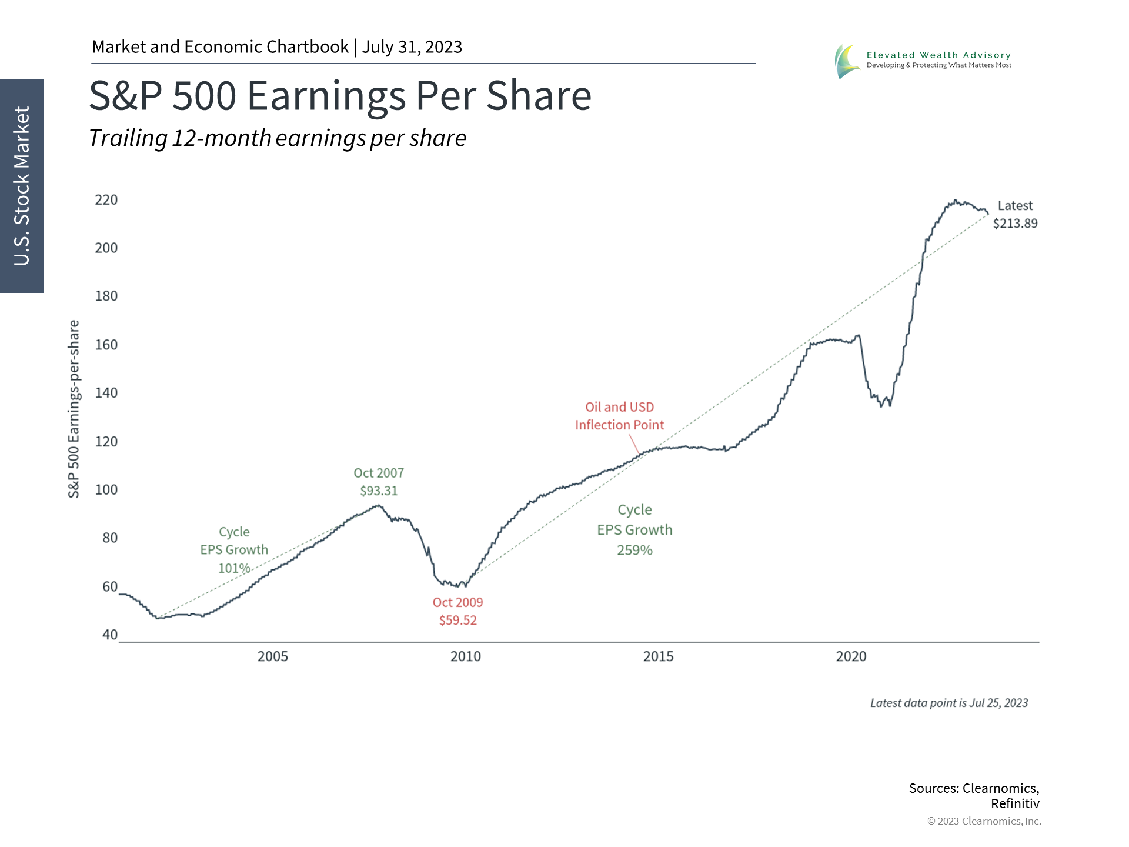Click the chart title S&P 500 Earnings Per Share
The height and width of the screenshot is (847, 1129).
click(x=340, y=96)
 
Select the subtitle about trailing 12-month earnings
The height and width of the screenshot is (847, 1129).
click(x=277, y=138)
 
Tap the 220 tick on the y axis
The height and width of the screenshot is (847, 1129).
click(x=106, y=200)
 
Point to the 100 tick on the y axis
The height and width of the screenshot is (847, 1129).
click(x=106, y=490)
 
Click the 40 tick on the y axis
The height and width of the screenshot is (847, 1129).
click(x=110, y=635)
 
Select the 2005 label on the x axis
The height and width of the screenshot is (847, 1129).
click(x=273, y=656)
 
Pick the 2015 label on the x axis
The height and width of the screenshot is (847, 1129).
click(x=658, y=656)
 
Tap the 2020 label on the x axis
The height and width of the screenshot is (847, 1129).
click(x=851, y=656)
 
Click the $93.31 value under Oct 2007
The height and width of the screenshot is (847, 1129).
click(x=379, y=491)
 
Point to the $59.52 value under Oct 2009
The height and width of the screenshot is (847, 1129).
click(x=457, y=620)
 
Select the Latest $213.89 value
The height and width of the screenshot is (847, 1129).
click(x=1015, y=224)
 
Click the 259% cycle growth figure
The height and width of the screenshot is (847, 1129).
click(x=634, y=550)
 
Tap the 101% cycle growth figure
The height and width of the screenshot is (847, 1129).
click(x=234, y=568)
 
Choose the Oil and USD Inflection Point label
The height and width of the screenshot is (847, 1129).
click(x=619, y=416)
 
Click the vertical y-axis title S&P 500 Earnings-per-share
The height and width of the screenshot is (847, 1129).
click(x=74, y=409)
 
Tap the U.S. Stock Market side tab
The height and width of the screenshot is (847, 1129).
click(x=22, y=186)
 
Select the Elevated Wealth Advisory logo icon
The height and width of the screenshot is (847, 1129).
click(x=846, y=61)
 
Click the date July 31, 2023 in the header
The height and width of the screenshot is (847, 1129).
click(x=412, y=47)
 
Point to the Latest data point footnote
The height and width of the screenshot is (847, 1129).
click(x=948, y=703)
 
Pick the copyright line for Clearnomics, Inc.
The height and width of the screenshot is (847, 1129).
click(x=984, y=821)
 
